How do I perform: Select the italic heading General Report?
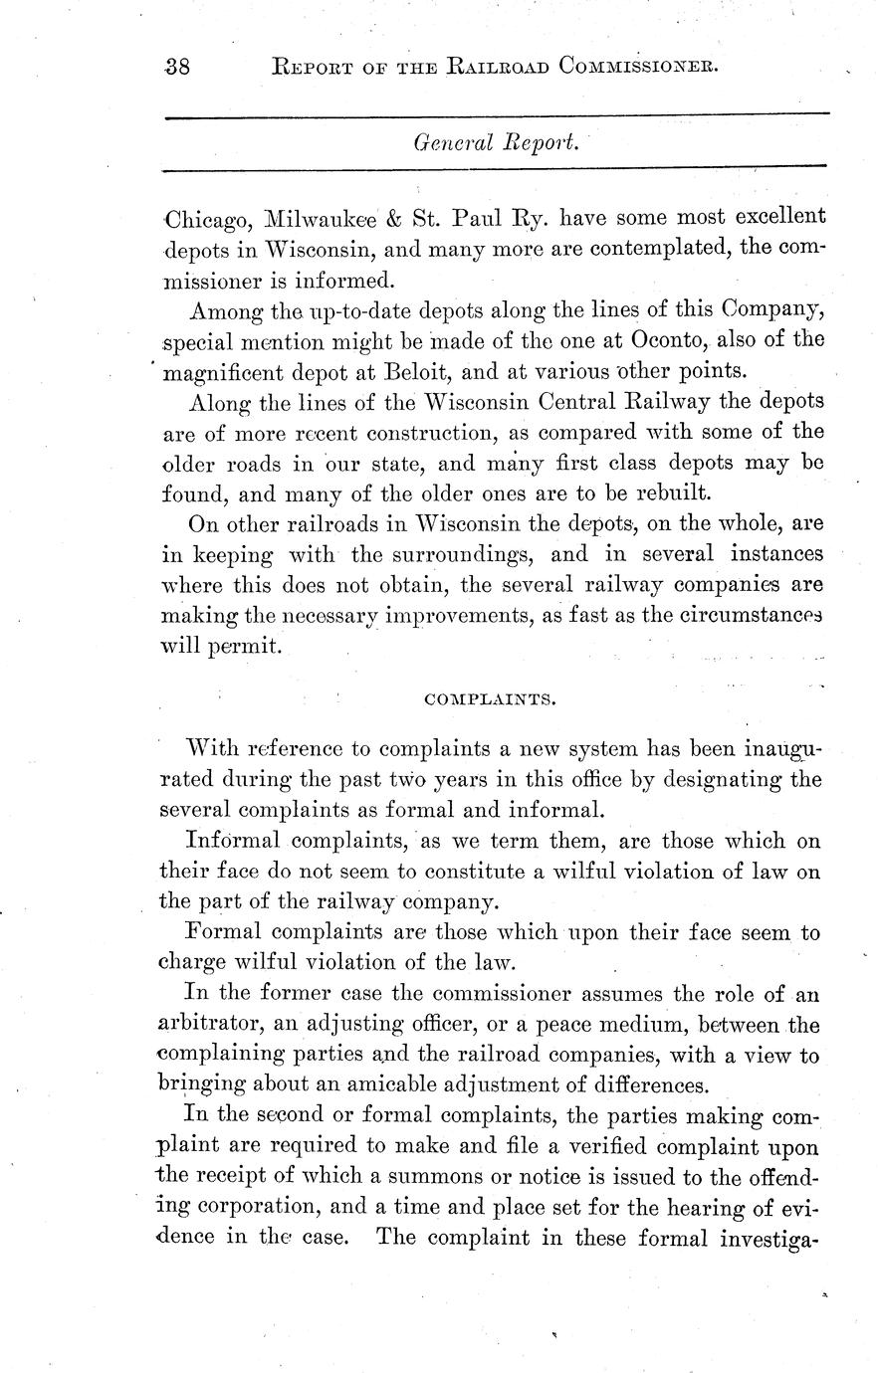tap(495, 143)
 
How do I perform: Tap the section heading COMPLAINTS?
tap(490, 698)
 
